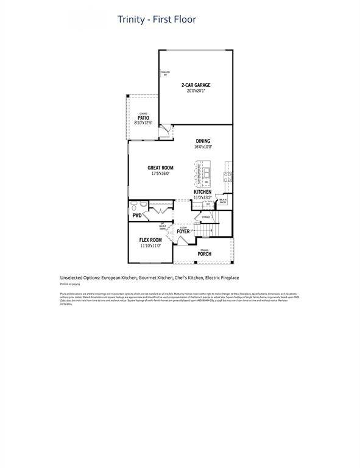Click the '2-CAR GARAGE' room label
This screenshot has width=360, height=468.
[x=196, y=85]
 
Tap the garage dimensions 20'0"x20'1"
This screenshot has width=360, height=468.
[x=196, y=91]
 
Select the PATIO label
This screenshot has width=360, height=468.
[x=143, y=118]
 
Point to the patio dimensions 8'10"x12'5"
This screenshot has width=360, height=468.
[x=143, y=123]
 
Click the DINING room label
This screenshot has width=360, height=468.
[x=203, y=141]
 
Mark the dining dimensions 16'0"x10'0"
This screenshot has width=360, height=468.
[x=203, y=147]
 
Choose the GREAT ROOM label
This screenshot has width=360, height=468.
[x=160, y=168]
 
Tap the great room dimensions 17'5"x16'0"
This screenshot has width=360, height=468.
[x=160, y=174]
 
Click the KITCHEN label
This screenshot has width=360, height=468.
[x=202, y=192]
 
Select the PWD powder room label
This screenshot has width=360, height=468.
[x=137, y=216]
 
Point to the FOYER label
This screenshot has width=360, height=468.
[x=183, y=232]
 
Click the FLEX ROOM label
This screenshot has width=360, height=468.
[x=150, y=240]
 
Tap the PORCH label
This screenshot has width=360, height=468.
[x=204, y=254]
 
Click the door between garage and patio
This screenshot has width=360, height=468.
[x=164, y=131]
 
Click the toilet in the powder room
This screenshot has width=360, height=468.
[x=133, y=206]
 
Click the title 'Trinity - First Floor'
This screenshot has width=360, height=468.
[x=157, y=19]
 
